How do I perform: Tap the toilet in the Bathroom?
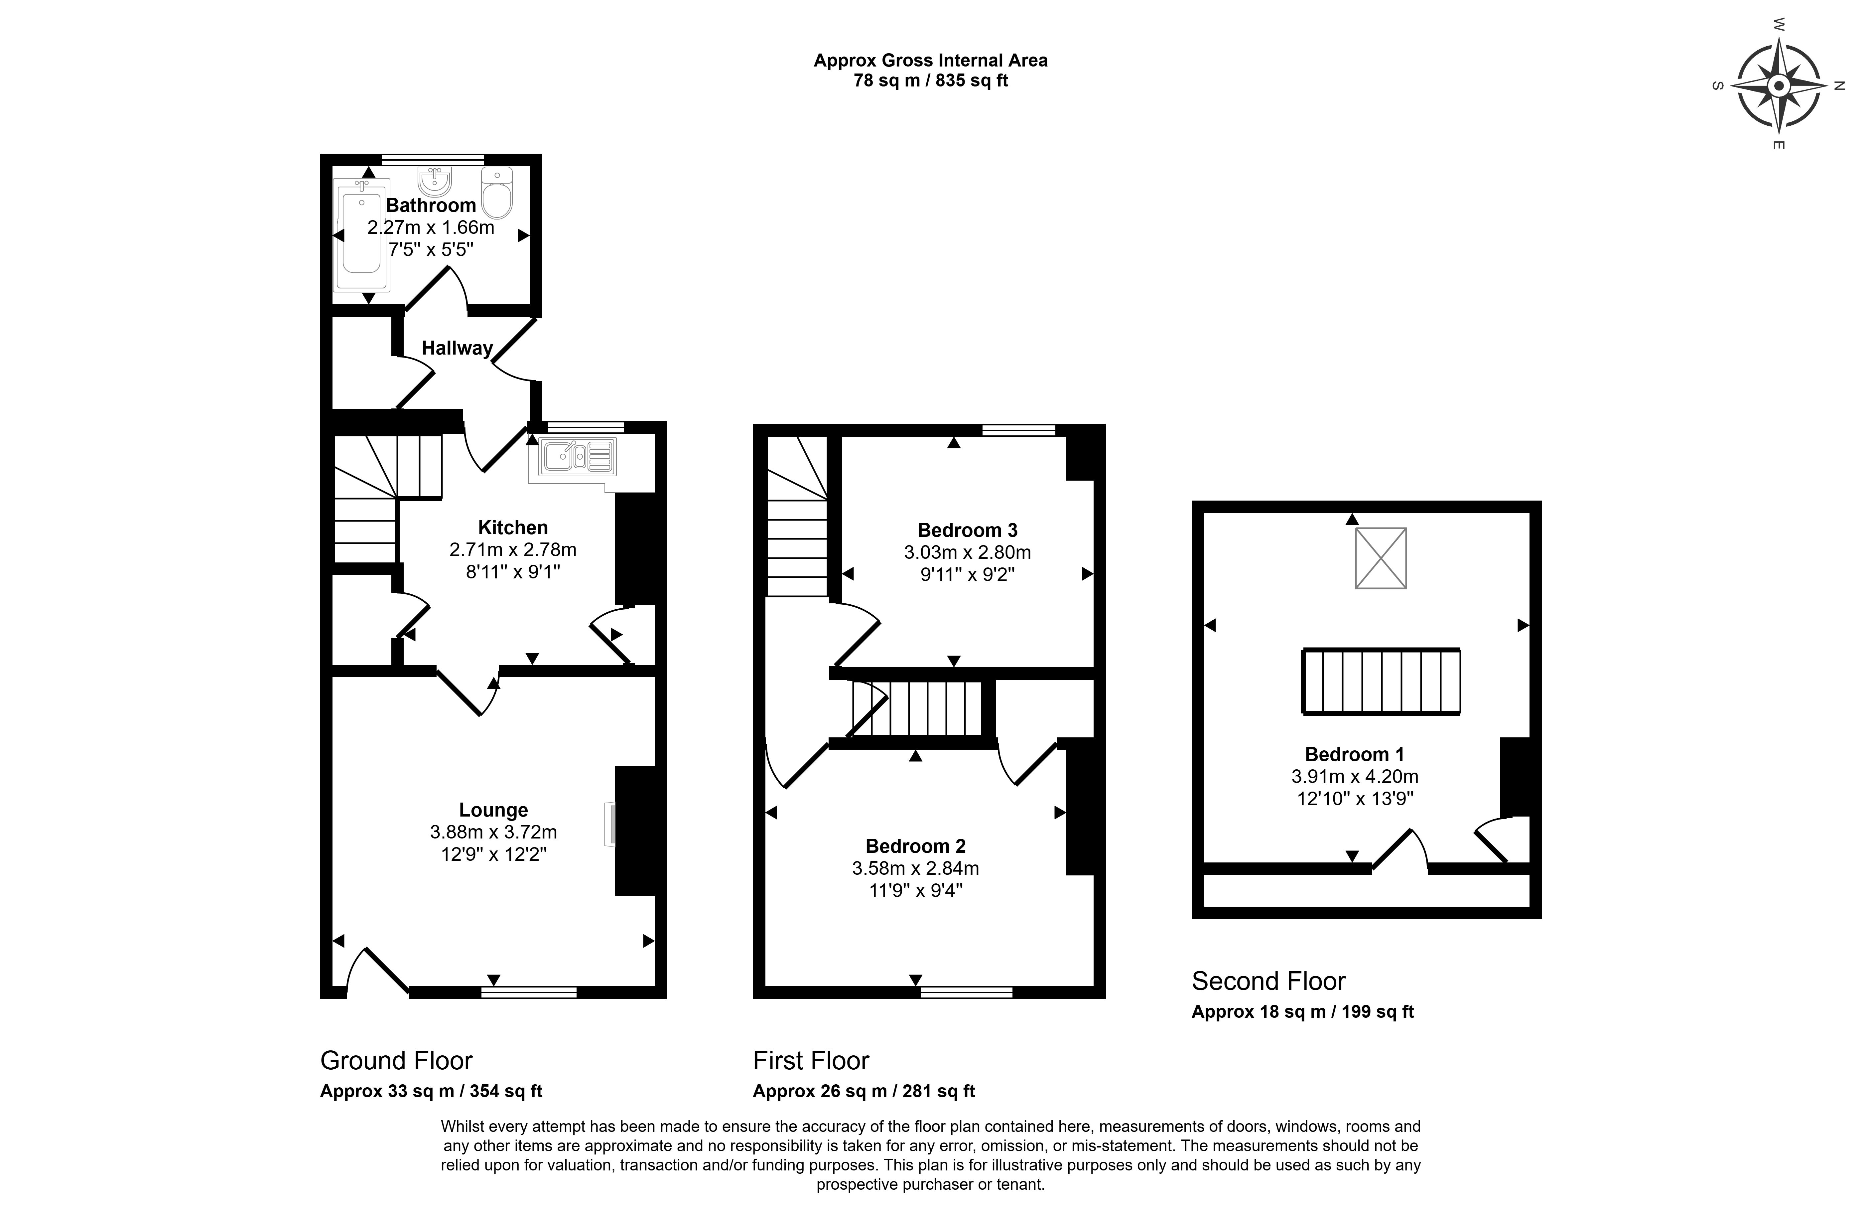tap(497, 193)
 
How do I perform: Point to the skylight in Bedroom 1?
tap(1381, 558)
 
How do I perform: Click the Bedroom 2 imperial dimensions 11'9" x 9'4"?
tap(915, 890)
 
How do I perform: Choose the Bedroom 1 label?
tap(1354, 754)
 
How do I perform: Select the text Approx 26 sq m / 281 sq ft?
tap(864, 1091)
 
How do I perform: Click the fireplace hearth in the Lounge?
tap(609, 824)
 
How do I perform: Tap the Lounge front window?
tap(529, 992)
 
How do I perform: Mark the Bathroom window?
tap(433, 160)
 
